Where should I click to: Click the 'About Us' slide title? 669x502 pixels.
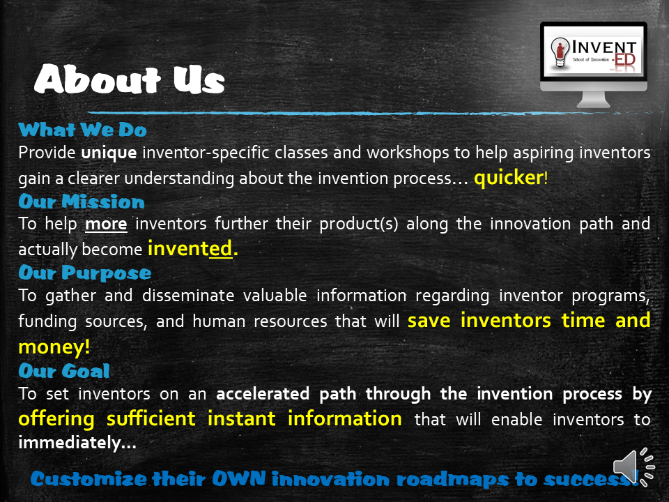pos(130,81)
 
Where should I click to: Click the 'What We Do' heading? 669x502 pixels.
pos(82,130)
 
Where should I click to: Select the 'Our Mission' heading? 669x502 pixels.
pos(82,201)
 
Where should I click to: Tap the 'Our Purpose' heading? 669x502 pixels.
pos(84,272)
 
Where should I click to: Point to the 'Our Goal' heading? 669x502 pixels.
pos(64,370)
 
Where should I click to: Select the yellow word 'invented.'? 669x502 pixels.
pos(193,248)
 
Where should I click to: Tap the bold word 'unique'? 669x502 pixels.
pos(102,152)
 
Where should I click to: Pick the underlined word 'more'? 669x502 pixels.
pos(106,224)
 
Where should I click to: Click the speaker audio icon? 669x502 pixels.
pos(633,466)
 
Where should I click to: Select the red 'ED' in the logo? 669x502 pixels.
pos(625,62)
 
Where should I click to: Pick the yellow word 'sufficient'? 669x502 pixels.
pos(152,418)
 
